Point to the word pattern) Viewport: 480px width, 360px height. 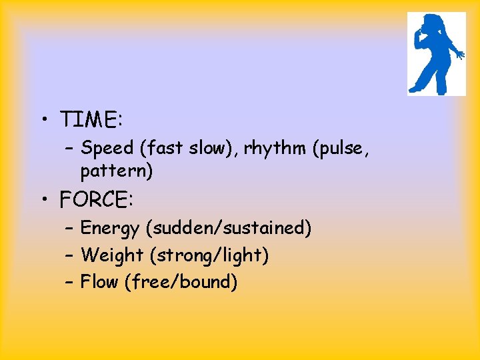click(117, 171)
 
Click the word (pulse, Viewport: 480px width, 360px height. click(340, 148)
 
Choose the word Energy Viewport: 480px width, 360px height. click(110, 229)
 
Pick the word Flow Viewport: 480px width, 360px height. click(99, 282)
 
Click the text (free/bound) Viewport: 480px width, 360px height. click(181, 282)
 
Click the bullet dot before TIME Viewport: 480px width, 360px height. click(43, 121)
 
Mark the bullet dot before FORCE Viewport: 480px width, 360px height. click(43, 199)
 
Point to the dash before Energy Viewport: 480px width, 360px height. click(69, 229)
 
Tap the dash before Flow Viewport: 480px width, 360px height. click(69, 283)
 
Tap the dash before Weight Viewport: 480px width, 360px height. click(69, 256)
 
